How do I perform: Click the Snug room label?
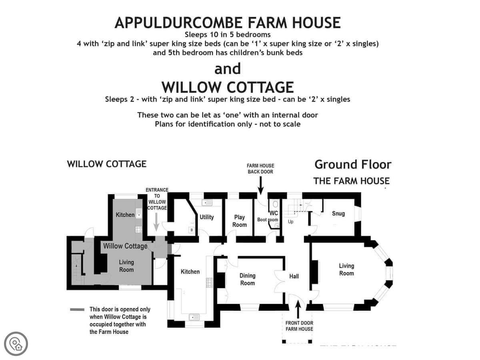pyautogui.click(x=338, y=213)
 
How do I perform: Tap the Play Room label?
pyautogui.click(x=239, y=221)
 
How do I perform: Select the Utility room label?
pyautogui.click(x=207, y=217)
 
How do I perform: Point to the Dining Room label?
pyautogui.click(x=247, y=279)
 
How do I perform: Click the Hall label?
pyautogui.click(x=294, y=276)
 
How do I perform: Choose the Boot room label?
pyautogui.click(x=268, y=220)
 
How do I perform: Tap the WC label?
pyautogui.click(x=274, y=213)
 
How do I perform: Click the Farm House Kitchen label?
pyautogui.click(x=190, y=272)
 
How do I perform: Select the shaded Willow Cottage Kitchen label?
pyautogui.click(x=125, y=215)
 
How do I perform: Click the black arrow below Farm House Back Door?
pyautogui.click(x=260, y=185)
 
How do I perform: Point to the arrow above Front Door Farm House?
pyautogui.click(x=298, y=309)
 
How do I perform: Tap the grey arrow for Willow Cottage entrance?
pyautogui.click(x=156, y=222)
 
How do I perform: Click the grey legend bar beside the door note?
pyautogui.click(x=77, y=309)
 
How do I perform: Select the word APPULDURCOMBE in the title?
pyautogui.click(x=178, y=23)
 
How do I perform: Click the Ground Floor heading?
pyautogui.click(x=353, y=164)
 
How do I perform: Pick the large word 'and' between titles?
pyautogui.click(x=228, y=68)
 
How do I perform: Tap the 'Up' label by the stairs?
pyautogui.click(x=291, y=222)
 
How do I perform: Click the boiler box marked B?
pyautogui.click(x=192, y=230)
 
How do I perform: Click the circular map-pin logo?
pyautogui.click(x=16, y=344)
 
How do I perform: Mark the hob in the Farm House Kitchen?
pyautogui.click(x=209, y=283)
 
